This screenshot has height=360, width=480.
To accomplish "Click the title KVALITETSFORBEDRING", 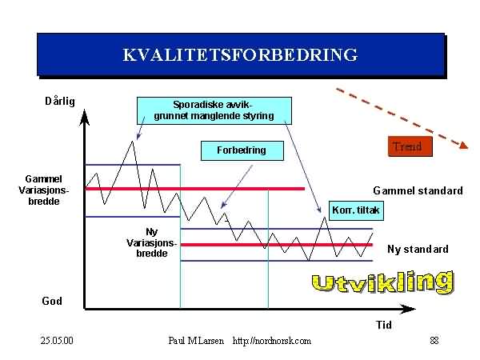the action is click(240, 54).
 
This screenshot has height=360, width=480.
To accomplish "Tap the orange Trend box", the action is click(410, 146).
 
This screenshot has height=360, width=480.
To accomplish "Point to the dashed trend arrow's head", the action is click(464, 145).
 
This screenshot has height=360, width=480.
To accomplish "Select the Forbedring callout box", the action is click(242, 150).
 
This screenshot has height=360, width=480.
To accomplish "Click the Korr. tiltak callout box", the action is click(356, 210).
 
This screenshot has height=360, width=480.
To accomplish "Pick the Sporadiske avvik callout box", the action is click(214, 110).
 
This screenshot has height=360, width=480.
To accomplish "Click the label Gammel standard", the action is click(418, 190).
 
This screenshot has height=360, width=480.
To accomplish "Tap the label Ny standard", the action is click(418, 249).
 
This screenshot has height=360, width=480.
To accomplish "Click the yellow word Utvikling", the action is click(382, 282).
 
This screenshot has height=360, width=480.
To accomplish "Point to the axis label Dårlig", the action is click(60, 101).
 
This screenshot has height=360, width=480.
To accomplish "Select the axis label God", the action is click(52, 301).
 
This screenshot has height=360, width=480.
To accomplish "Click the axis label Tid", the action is click(384, 325).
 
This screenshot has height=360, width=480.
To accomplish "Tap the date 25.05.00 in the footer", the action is click(57, 341).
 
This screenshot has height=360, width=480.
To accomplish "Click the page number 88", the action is click(434, 341).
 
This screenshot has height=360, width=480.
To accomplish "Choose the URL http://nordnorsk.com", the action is click(272, 341).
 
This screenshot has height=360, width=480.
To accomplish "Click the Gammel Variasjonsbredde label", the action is click(44, 190).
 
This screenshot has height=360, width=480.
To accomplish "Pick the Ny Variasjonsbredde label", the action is click(151, 242).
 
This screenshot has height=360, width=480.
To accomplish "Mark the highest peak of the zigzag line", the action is click(132, 141).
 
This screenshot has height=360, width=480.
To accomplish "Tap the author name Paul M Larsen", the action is click(196, 341).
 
